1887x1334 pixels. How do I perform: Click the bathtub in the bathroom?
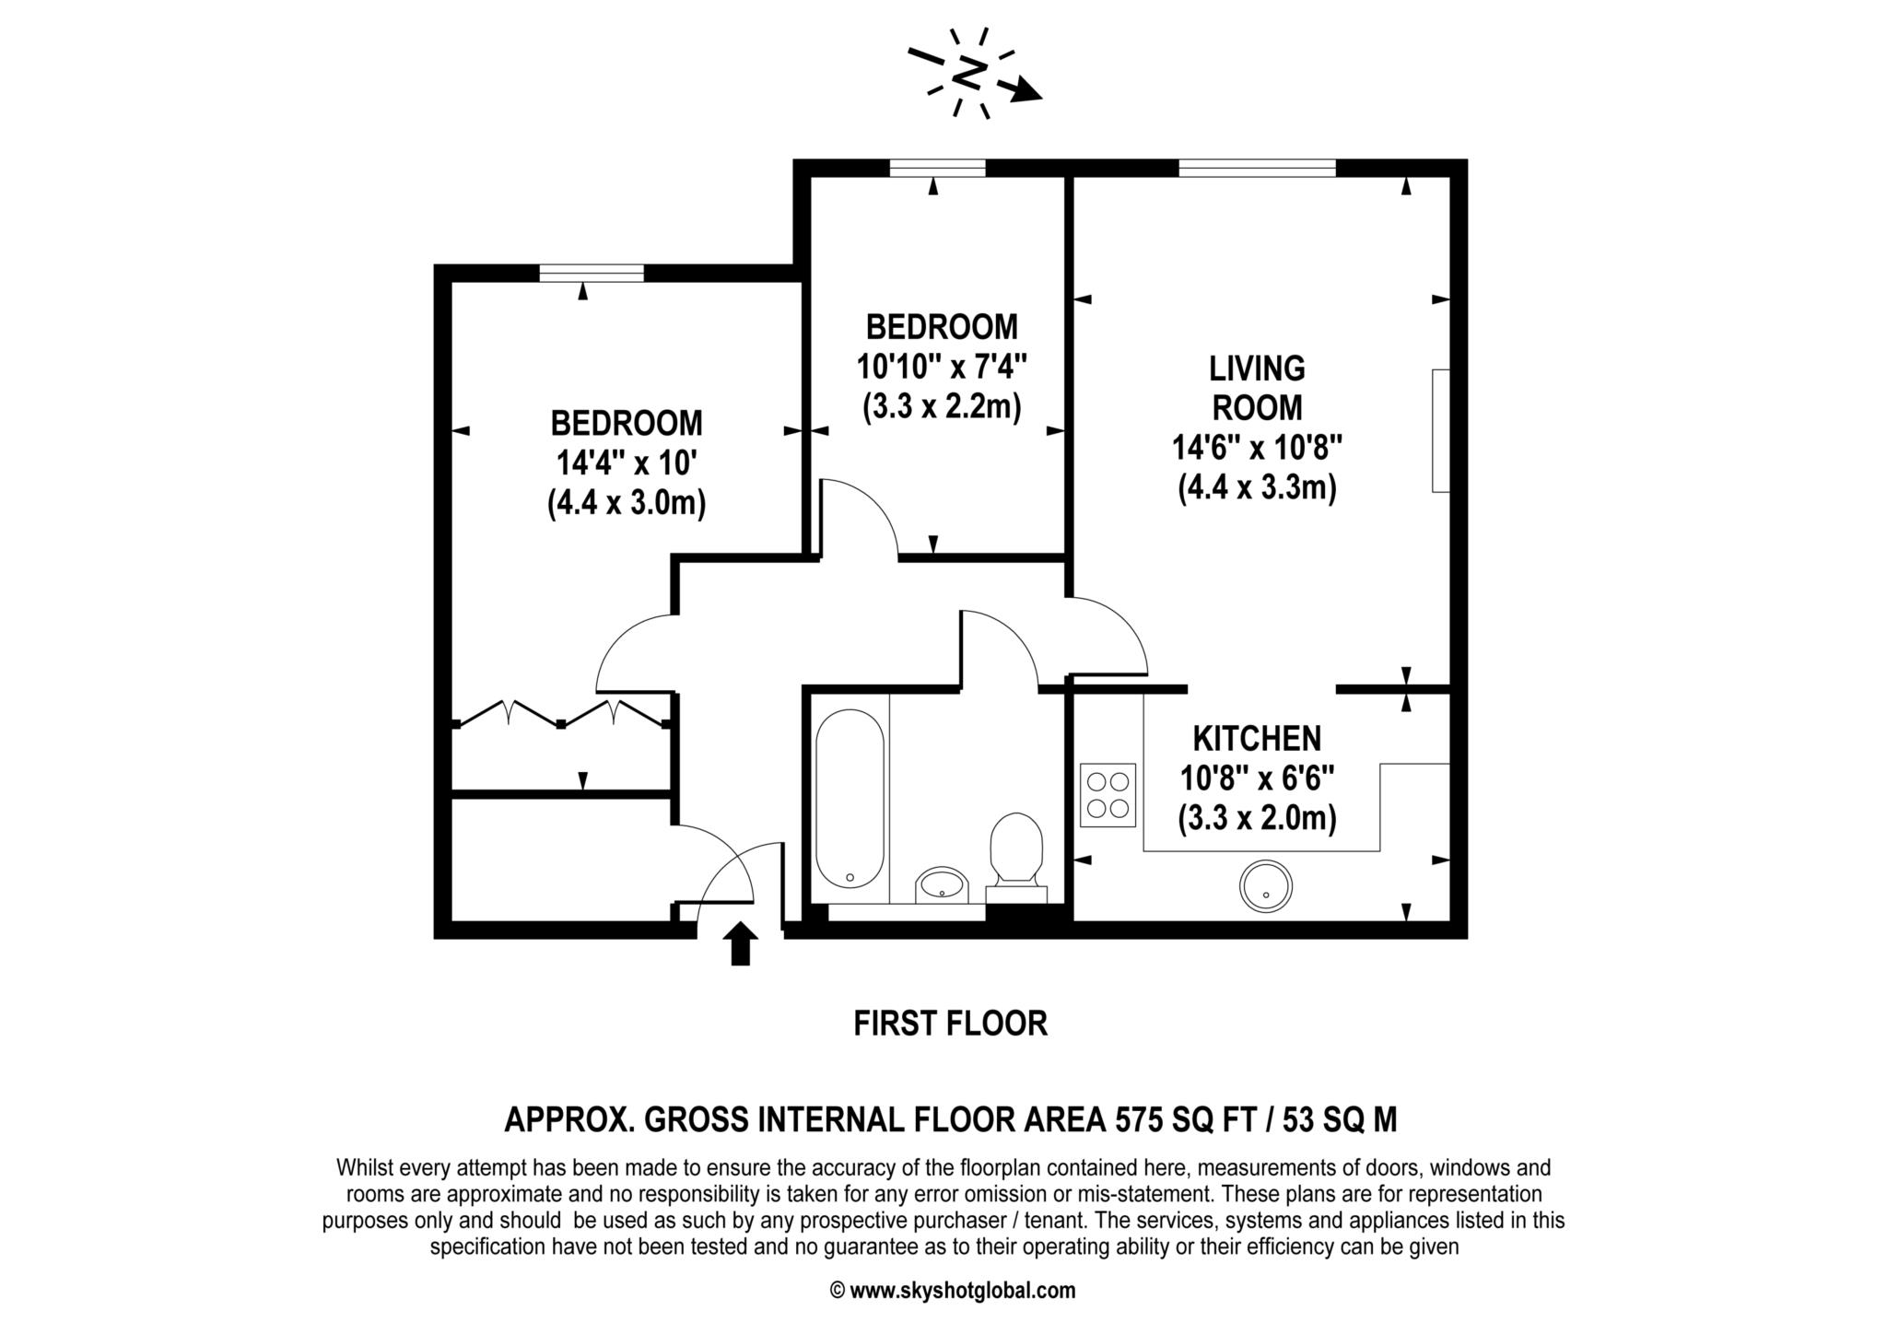(850, 799)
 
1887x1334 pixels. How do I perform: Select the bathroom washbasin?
(941, 885)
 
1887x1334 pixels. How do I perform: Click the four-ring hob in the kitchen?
(1108, 795)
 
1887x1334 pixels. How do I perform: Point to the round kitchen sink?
(1266, 886)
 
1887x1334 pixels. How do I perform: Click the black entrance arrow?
(740, 945)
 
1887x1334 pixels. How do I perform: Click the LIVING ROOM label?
(1257, 388)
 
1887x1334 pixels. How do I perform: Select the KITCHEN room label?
(1257, 738)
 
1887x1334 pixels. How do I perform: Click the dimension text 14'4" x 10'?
(627, 463)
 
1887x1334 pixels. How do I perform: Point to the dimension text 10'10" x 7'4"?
(942, 367)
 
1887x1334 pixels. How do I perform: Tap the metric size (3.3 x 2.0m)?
(1257, 817)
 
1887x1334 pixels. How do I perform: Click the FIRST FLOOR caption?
(950, 1024)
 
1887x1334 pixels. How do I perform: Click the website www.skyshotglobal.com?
(961, 1291)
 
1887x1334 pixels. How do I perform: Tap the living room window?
(1257, 168)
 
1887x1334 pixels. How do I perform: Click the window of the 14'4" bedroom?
(592, 273)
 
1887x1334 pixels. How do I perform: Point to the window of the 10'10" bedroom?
(937, 168)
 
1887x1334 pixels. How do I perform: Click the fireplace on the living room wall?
(1440, 430)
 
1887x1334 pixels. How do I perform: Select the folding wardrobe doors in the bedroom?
(561, 715)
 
